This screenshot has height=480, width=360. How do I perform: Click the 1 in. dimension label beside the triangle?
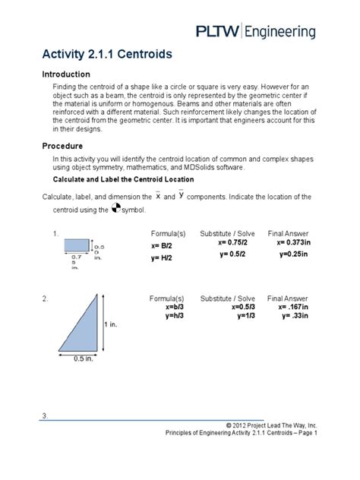coord(111,324)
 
